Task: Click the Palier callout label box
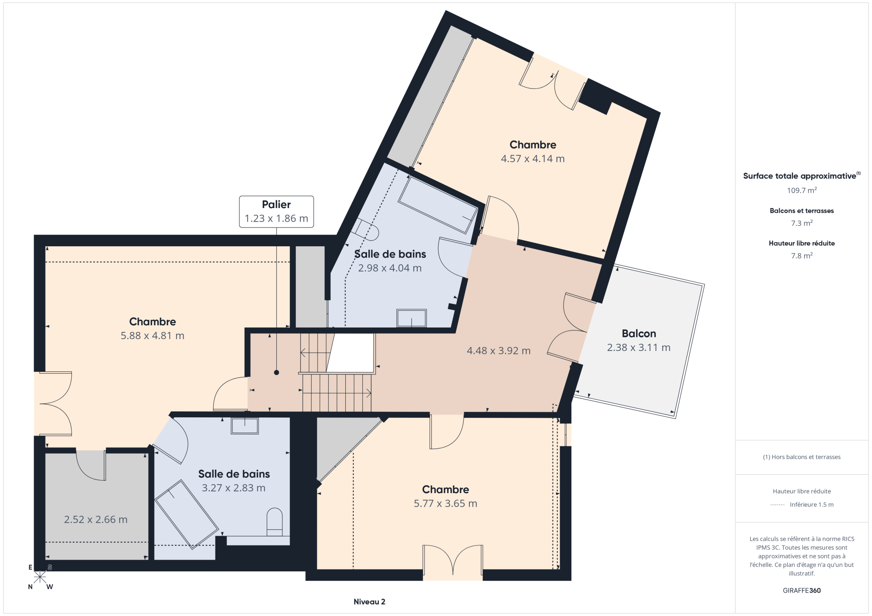[x=276, y=211]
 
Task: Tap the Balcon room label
[x=639, y=334]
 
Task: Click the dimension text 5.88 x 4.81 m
[x=152, y=336]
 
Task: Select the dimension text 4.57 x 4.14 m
[x=533, y=159]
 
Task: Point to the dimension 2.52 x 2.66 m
[x=96, y=519]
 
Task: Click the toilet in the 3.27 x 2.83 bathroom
[x=275, y=521]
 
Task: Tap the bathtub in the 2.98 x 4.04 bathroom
[x=438, y=205]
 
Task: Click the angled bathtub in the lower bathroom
[x=186, y=514]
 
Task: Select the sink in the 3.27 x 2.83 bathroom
[x=245, y=425]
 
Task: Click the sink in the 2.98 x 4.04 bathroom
[x=411, y=318]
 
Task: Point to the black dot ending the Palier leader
[x=276, y=373]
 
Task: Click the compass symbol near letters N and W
[x=40, y=577]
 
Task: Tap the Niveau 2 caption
[x=369, y=602]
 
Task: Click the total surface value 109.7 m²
[x=802, y=190]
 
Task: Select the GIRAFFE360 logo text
[x=802, y=590]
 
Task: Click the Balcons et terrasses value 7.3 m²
[x=802, y=223]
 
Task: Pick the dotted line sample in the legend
[x=777, y=505]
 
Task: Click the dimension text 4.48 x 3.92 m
[x=499, y=351]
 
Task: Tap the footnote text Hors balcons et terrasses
[x=802, y=457]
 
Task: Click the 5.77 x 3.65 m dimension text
[x=445, y=504]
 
